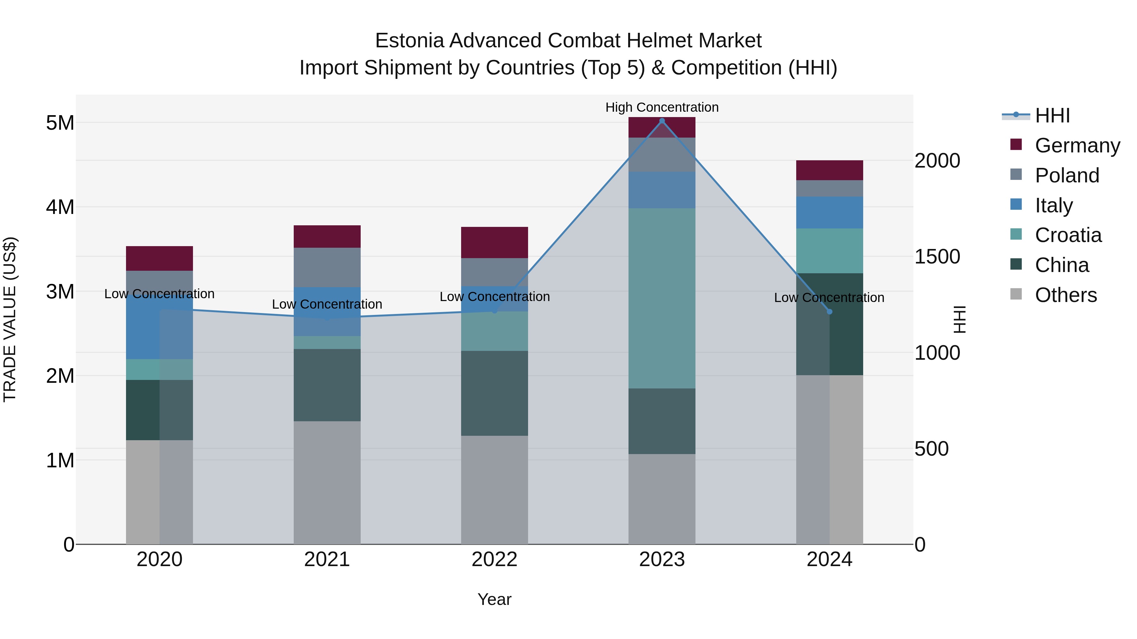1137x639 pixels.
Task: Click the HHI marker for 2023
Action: click(662, 121)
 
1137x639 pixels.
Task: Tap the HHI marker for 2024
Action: click(829, 312)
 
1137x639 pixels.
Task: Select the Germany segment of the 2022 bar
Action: click(494, 243)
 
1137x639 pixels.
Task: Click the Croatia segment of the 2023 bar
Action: click(662, 298)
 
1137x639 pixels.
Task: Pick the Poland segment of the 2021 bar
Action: click(327, 267)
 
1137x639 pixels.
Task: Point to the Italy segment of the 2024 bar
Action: click(829, 213)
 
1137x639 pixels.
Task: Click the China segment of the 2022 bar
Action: click(494, 393)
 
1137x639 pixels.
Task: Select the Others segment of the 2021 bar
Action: click(327, 482)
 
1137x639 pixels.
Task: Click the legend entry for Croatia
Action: click(1068, 235)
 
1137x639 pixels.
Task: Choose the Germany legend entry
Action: click(1077, 145)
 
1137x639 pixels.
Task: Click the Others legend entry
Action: click(1066, 295)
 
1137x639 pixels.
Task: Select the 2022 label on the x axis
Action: click(494, 559)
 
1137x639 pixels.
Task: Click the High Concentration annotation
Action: click(662, 107)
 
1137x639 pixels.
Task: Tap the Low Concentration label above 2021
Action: click(327, 304)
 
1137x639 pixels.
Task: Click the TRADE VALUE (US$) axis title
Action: click(10, 319)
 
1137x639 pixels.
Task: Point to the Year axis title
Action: click(494, 599)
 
